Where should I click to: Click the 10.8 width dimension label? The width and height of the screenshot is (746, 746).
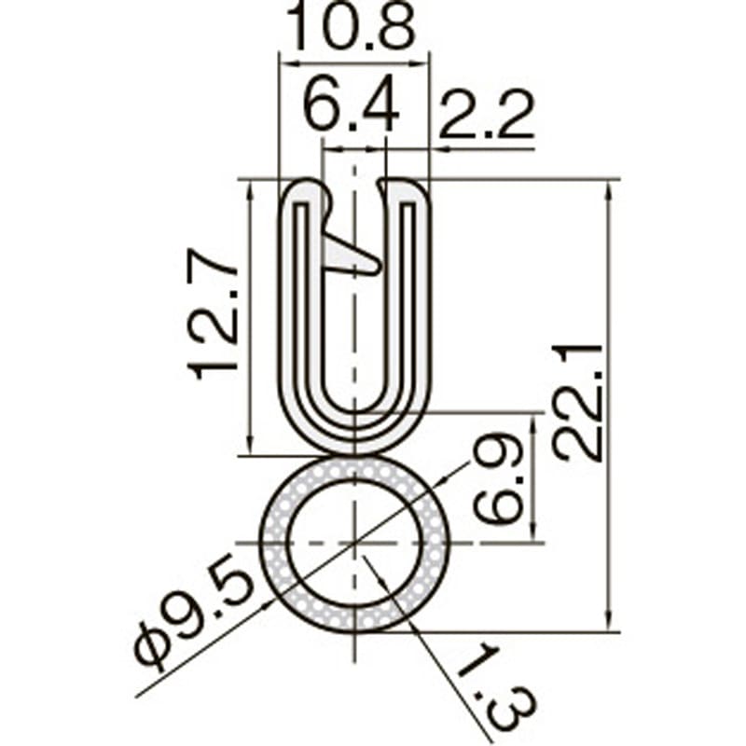(x=353, y=28)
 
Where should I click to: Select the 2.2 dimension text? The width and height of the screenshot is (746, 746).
(x=486, y=116)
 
